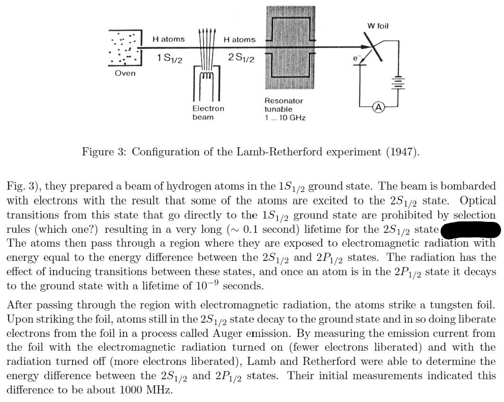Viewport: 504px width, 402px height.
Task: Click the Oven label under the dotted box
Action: pyautogui.click(x=125, y=73)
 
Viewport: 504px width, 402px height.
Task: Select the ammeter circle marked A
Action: pyautogui.click(x=378, y=107)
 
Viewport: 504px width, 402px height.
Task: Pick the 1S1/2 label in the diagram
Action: pyautogui.click(x=169, y=58)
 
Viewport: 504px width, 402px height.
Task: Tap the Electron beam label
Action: pyautogui.click(x=208, y=112)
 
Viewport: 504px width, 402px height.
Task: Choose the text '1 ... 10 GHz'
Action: pyautogui.click(x=285, y=117)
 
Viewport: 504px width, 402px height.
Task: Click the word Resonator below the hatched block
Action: pyautogui.click(x=283, y=101)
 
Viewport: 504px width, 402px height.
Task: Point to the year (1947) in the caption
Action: pyautogui.click(x=404, y=152)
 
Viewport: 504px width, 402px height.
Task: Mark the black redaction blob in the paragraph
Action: pyautogui.click(x=471, y=230)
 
